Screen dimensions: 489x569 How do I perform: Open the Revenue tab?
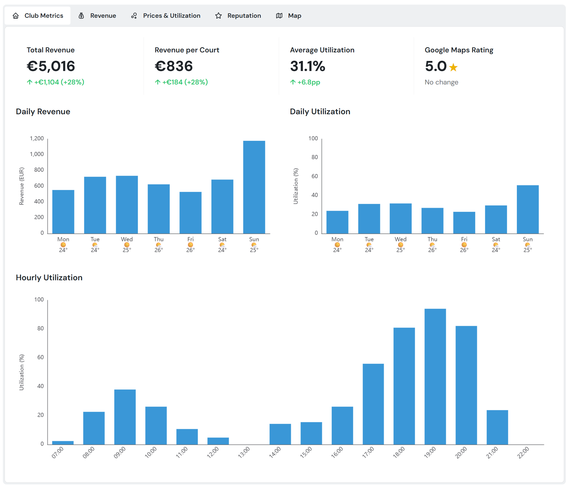click(x=97, y=16)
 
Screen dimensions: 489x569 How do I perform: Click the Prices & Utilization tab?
click(x=166, y=16)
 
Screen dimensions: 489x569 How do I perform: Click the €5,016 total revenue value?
click(x=51, y=66)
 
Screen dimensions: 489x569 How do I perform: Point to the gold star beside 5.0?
click(x=453, y=68)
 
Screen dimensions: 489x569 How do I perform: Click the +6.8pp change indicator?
click(x=305, y=82)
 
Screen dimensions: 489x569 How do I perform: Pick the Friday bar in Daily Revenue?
click(x=190, y=212)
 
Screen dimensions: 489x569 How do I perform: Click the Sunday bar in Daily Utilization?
click(x=527, y=209)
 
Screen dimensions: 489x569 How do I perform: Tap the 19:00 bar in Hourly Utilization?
click(x=435, y=376)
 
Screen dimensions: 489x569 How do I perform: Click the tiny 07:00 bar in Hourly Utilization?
click(x=63, y=443)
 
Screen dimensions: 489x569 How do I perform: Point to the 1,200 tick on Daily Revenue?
click(x=37, y=139)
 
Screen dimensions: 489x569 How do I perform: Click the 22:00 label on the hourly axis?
click(x=523, y=453)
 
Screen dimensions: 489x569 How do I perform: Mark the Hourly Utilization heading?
click(x=49, y=277)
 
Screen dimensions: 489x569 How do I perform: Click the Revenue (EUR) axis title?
click(x=21, y=186)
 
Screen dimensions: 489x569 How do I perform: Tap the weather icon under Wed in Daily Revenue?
click(x=127, y=245)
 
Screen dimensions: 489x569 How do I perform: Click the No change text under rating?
click(x=441, y=82)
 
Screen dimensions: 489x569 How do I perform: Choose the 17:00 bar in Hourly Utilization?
click(x=373, y=404)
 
